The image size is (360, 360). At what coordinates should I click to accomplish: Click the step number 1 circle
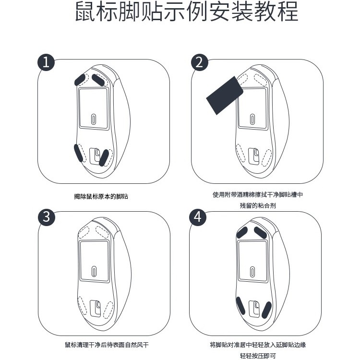pos(46,63)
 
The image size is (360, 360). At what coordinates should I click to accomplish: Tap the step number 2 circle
pos(200,63)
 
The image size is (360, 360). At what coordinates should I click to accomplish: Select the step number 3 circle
pos(46,216)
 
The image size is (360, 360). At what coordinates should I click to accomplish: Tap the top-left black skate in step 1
pos(80,78)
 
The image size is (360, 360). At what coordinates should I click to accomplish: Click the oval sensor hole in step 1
pos(94,119)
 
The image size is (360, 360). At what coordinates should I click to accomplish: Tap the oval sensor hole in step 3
pos(94,271)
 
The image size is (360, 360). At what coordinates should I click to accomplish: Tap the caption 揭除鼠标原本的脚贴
pos(101,197)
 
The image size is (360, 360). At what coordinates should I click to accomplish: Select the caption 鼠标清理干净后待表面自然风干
pos(107,345)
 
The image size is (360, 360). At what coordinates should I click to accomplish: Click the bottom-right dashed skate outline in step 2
pos(264,156)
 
